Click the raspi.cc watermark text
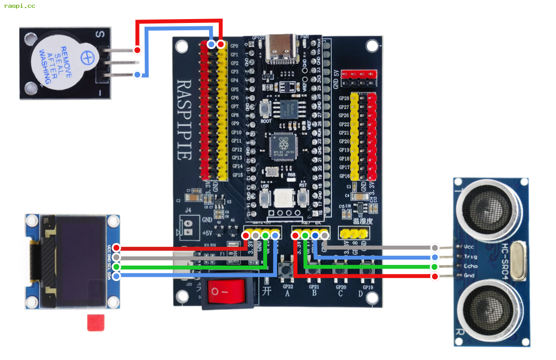(x=19, y=6)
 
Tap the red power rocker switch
(x=226, y=291)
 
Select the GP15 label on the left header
(x=236, y=175)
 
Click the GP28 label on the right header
(x=344, y=99)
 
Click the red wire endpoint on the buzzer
(x=137, y=50)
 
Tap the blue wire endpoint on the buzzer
(x=137, y=75)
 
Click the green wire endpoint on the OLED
(x=116, y=267)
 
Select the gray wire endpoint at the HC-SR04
(x=435, y=247)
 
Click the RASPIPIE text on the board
(x=184, y=119)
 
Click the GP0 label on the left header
(x=235, y=46)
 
